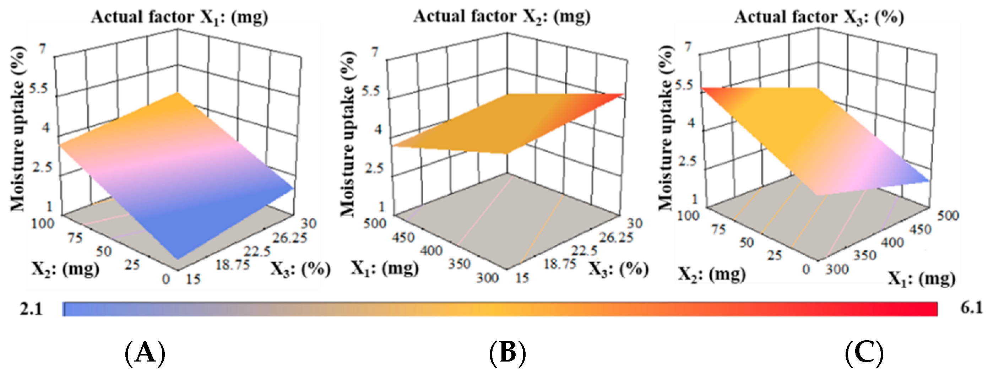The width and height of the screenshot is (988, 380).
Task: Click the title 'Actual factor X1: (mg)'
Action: (x=179, y=18)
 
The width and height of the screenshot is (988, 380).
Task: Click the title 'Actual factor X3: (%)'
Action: (x=819, y=18)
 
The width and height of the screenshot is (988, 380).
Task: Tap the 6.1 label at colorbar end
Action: (x=971, y=308)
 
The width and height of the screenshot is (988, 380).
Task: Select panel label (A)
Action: (x=145, y=353)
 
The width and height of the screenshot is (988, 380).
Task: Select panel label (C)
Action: (x=864, y=353)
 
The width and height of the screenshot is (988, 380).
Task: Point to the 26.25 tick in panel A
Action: (x=289, y=238)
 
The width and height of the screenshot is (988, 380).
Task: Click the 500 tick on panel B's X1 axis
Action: (x=375, y=223)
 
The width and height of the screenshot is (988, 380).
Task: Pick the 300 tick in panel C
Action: (x=837, y=269)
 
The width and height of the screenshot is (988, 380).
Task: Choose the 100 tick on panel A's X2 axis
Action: (x=43, y=223)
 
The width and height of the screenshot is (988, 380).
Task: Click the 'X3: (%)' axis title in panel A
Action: (x=300, y=269)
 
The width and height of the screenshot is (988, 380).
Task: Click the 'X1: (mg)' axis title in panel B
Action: (x=385, y=268)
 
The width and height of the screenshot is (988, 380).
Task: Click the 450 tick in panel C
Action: (x=920, y=230)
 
